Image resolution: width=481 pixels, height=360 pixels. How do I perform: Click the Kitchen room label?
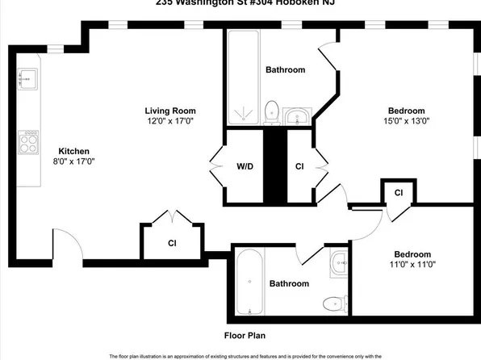tap(73, 151)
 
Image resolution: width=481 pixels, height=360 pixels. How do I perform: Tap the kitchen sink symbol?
tap(26, 77)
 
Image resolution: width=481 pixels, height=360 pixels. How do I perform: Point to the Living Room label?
tap(170, 111)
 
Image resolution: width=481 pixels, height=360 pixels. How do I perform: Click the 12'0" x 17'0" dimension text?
tap(170, 121)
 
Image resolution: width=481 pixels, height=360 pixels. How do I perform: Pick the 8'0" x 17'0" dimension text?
tap(73, 162)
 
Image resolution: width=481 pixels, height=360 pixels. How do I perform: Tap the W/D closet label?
tap(245, 167)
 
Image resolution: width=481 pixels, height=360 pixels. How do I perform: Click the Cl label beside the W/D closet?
tap(299, 167)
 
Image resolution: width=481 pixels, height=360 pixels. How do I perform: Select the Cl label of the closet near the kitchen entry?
tap(172, 242)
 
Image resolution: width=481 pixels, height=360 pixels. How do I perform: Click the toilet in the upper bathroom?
tap(272, 111)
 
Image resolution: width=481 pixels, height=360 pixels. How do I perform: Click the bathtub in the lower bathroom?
tap(249, 283)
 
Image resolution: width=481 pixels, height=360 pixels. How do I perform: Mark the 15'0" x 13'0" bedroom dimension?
tap(409, 122)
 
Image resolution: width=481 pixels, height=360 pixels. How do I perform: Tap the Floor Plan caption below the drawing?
tap(245, 335)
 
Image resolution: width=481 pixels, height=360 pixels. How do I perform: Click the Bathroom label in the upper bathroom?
tap(286, 69)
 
